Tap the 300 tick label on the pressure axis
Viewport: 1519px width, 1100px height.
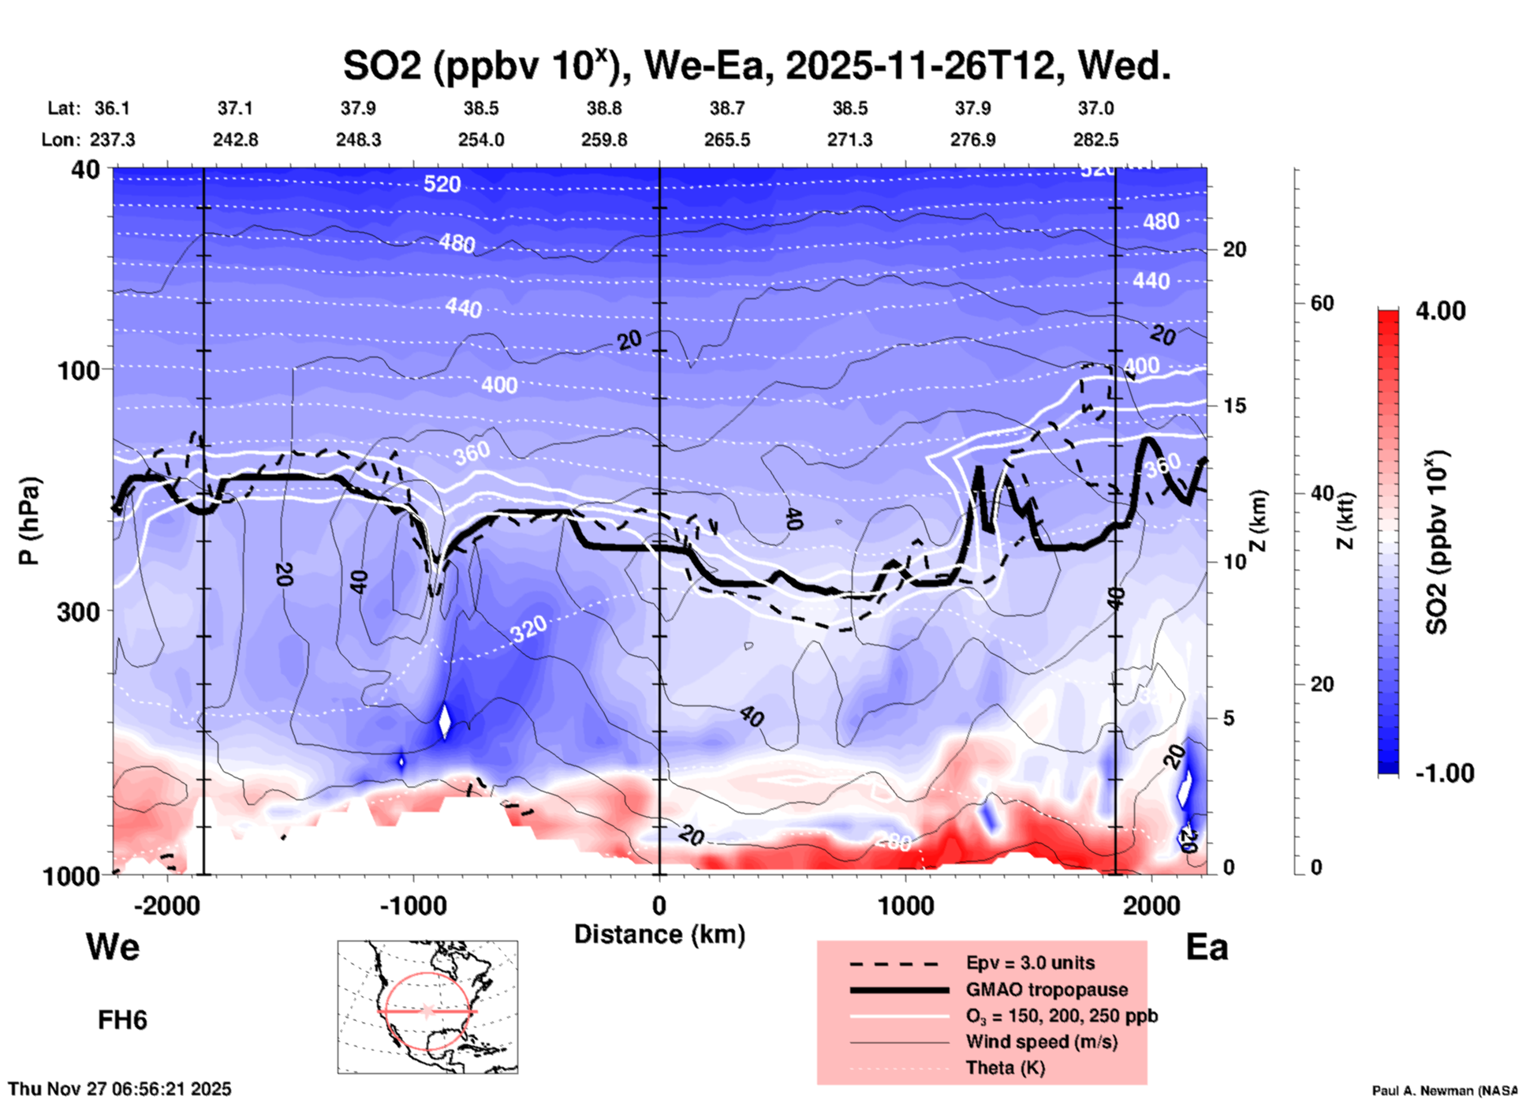click(x=79, y=612)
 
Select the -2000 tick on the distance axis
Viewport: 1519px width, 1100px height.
click(x=166, y=905)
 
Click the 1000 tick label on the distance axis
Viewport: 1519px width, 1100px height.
click(x=905, y=905)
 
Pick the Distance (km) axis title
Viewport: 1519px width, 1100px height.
click(x=659, y=934)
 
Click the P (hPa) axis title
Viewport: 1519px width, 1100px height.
click(x=29, y=521)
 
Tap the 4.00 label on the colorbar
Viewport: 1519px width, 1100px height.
click(x=1440, y=311)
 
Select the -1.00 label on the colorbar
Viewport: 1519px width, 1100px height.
click(x=1444, y=773)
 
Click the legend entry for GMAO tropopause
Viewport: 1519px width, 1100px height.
click(x=1047, y=990)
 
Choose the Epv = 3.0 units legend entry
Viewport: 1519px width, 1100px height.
click(x=1030, y=963)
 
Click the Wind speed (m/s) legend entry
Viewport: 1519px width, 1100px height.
click(x=1041, y=1042)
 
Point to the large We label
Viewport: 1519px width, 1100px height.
click(x=113, y=946)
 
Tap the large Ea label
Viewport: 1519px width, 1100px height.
click(x=1207, y=947)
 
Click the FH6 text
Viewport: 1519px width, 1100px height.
click(x=122, y=1020)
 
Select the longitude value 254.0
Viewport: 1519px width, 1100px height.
click(x=481, y=140)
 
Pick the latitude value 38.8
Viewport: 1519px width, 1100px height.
click(x=604, y=108)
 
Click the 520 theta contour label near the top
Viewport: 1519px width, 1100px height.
click(x=442, y=185)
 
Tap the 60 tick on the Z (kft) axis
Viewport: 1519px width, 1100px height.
click(x=1323, y=304)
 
